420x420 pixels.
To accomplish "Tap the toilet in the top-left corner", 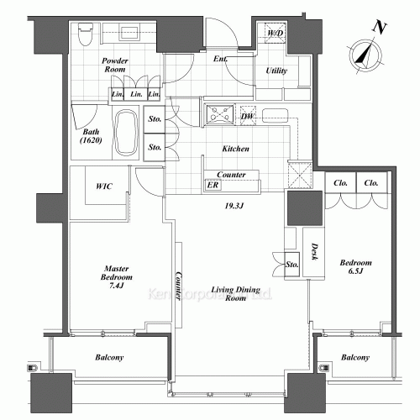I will point(84,34).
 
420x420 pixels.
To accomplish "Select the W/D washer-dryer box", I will point(275,34).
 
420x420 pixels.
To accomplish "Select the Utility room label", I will point(276,71).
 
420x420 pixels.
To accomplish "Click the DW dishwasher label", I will point(247,116).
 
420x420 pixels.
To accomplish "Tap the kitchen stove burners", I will point(221,112).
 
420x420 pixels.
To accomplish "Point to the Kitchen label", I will point(235,148).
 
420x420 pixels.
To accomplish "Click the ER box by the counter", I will point(213,186).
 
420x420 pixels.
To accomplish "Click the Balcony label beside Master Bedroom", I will point(107,359).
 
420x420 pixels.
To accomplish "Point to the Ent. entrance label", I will point(221,58).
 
